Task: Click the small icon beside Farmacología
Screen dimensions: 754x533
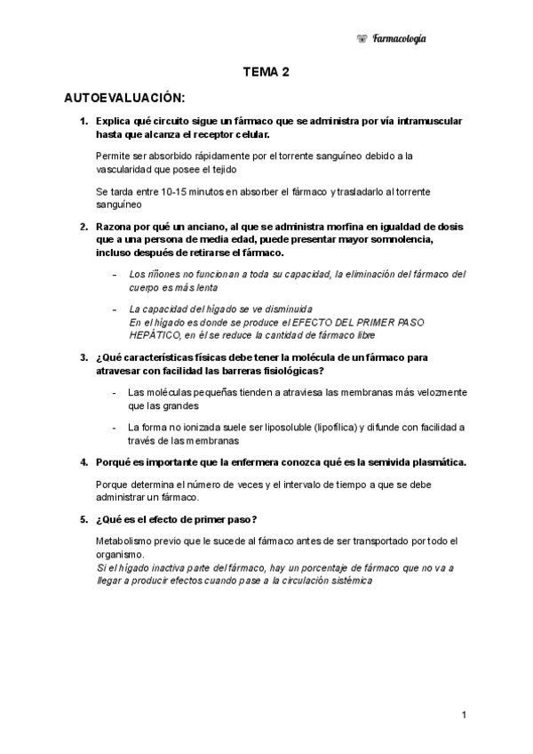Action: tap(362, 38)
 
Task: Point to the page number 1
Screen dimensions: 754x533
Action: tap(465, 715)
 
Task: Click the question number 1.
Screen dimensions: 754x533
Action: tap(84, 121)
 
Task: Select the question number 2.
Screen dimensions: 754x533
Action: tap(84, 227)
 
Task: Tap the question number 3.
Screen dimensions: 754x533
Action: tap(84, 357)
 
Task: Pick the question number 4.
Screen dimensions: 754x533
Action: tap(84, 462)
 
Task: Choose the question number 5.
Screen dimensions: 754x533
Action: tap(84, 519)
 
